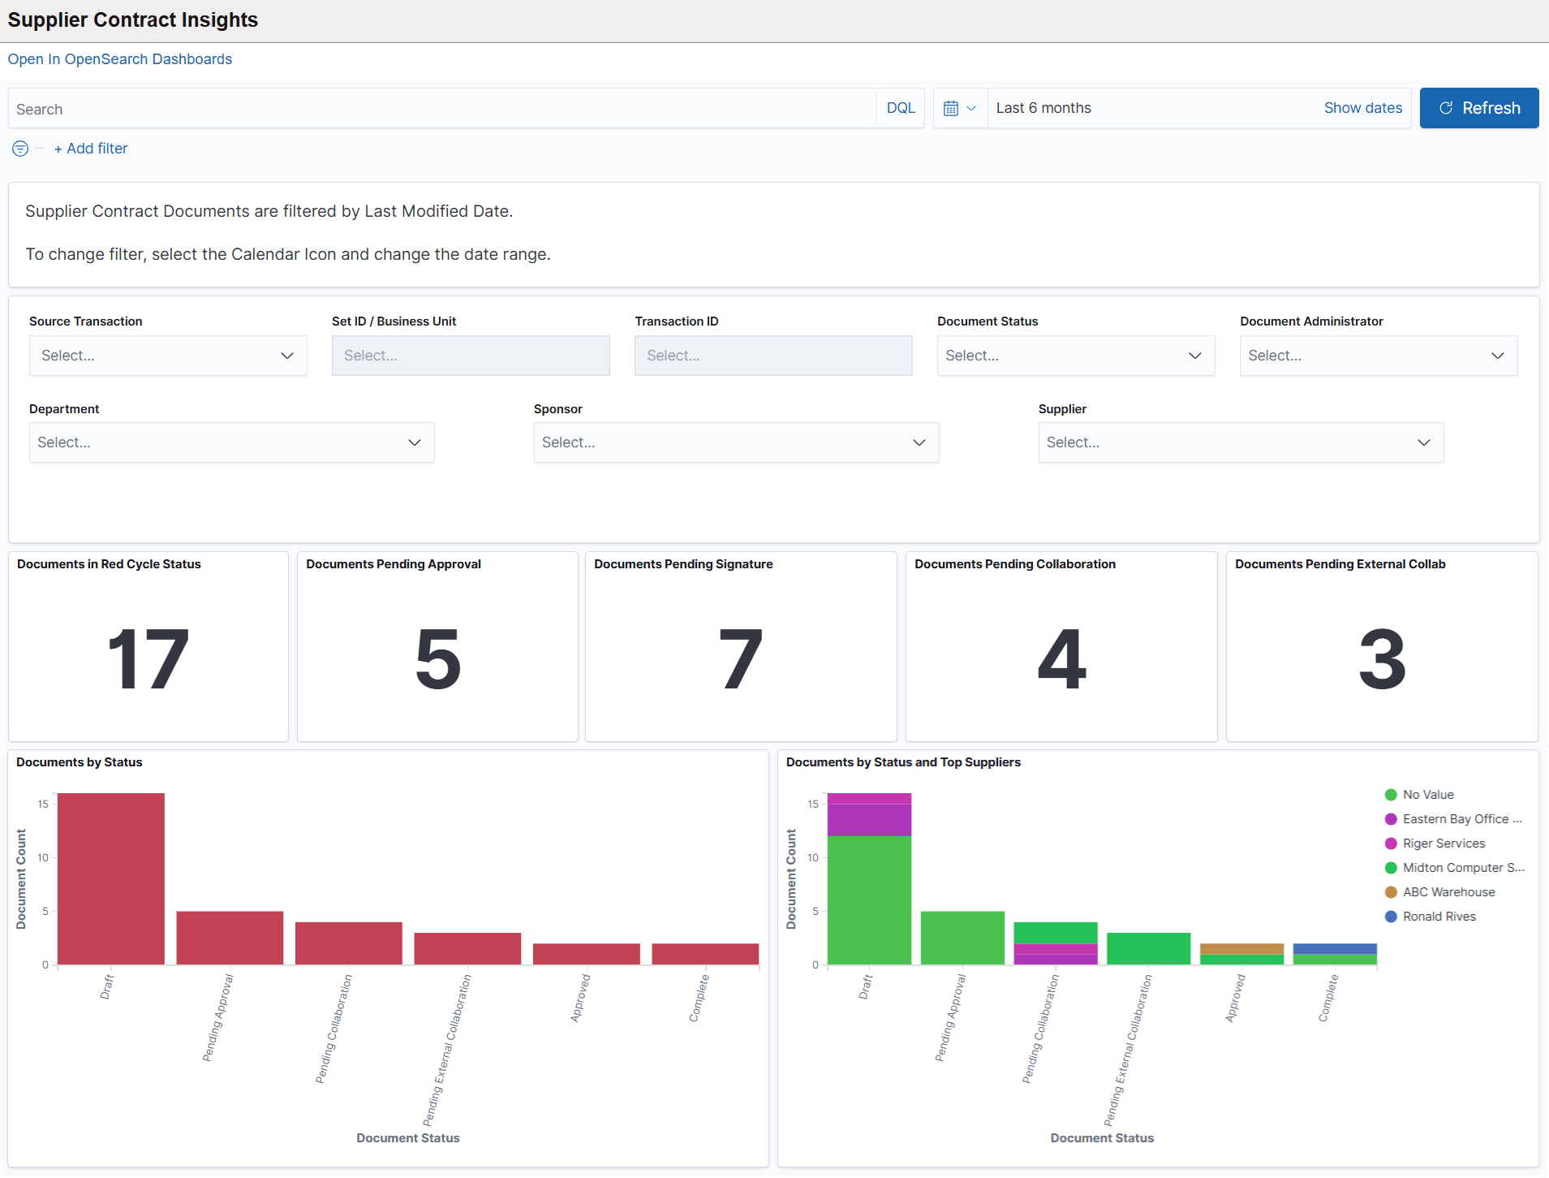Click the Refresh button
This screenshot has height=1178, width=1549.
(x=1478, y=108)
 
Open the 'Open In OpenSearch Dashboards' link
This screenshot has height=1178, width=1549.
(x=120, y=59)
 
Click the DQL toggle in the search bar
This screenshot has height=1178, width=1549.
(x=900, y=108)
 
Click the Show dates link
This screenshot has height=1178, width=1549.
(x=1362, y=108)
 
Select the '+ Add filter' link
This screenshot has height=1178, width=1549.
(x=91, y=149)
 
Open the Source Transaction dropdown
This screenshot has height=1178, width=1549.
(x=168, y=356)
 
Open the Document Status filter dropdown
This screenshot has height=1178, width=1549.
(x=1075, y=356)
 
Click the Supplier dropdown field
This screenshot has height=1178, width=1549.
(x=1240, y=442)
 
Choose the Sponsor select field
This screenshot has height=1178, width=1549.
(x=735, y=442)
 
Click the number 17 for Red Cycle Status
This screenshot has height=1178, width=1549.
(x=148, y=659)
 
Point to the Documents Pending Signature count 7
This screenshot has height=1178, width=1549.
(x=740, y=659)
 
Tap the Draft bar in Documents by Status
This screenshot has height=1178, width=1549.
(x=111, y=878)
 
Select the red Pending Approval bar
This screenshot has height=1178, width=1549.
(x=230, y=938)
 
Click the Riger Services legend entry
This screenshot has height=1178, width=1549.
(x=1444, y=844)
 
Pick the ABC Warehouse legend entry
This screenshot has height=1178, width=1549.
(x=1448, y=892)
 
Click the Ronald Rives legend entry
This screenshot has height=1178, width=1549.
(x=1439, y=917)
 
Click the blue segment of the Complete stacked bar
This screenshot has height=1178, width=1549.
(x=1335, y=948)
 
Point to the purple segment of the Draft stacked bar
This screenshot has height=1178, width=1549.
(x=869, y=819)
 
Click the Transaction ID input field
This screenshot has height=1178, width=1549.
(x=772, y=356)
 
